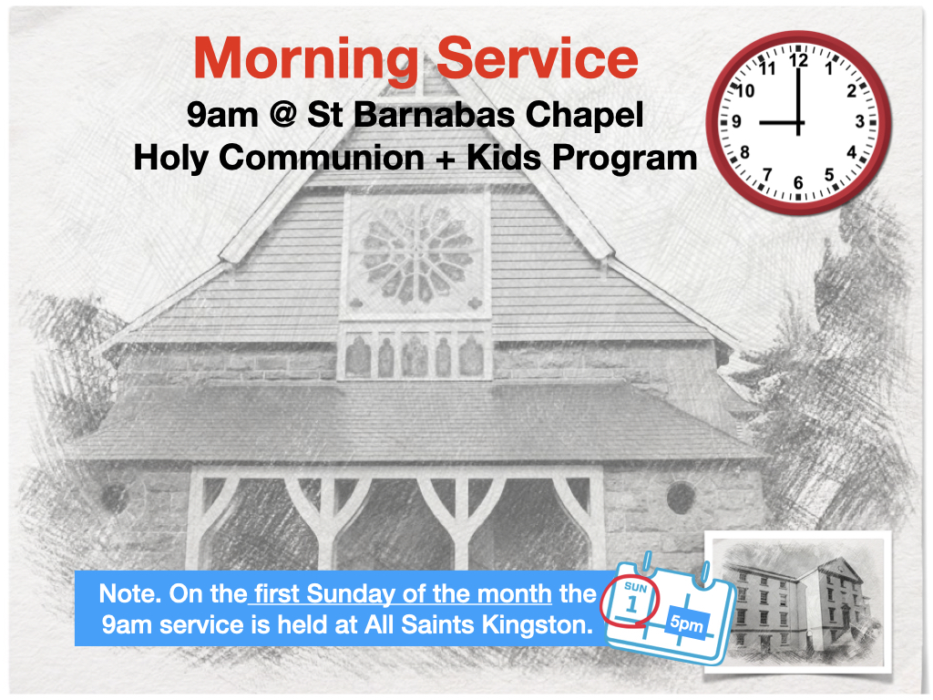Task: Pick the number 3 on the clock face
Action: (858, 121)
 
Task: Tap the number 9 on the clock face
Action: (738, 121)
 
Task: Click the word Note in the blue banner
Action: (125, 594)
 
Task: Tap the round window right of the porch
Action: (680, 498)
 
